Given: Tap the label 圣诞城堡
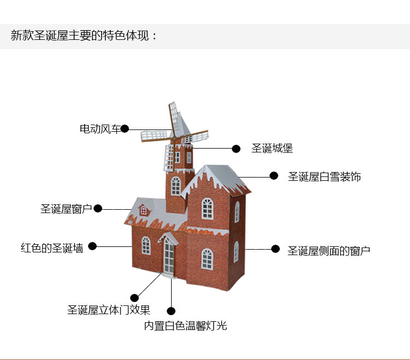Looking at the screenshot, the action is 272,148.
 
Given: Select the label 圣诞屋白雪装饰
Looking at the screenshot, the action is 324,176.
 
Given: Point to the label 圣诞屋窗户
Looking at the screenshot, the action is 66,209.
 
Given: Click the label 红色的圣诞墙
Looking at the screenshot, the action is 52,247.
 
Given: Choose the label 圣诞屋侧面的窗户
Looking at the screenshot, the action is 329,251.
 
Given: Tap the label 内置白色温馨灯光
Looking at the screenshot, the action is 185,326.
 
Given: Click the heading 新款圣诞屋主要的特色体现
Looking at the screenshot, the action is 84,36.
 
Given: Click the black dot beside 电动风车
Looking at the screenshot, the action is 125,129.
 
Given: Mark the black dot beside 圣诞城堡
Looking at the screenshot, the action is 236,148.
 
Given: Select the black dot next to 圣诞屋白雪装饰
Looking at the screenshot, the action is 274,175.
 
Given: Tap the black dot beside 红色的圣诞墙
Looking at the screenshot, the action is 92,246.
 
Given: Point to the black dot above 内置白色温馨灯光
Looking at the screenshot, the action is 171,311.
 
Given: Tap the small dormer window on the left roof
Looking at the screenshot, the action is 143,210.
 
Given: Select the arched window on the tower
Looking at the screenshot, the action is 175,186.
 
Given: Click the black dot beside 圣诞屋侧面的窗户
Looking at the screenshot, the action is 276,249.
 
